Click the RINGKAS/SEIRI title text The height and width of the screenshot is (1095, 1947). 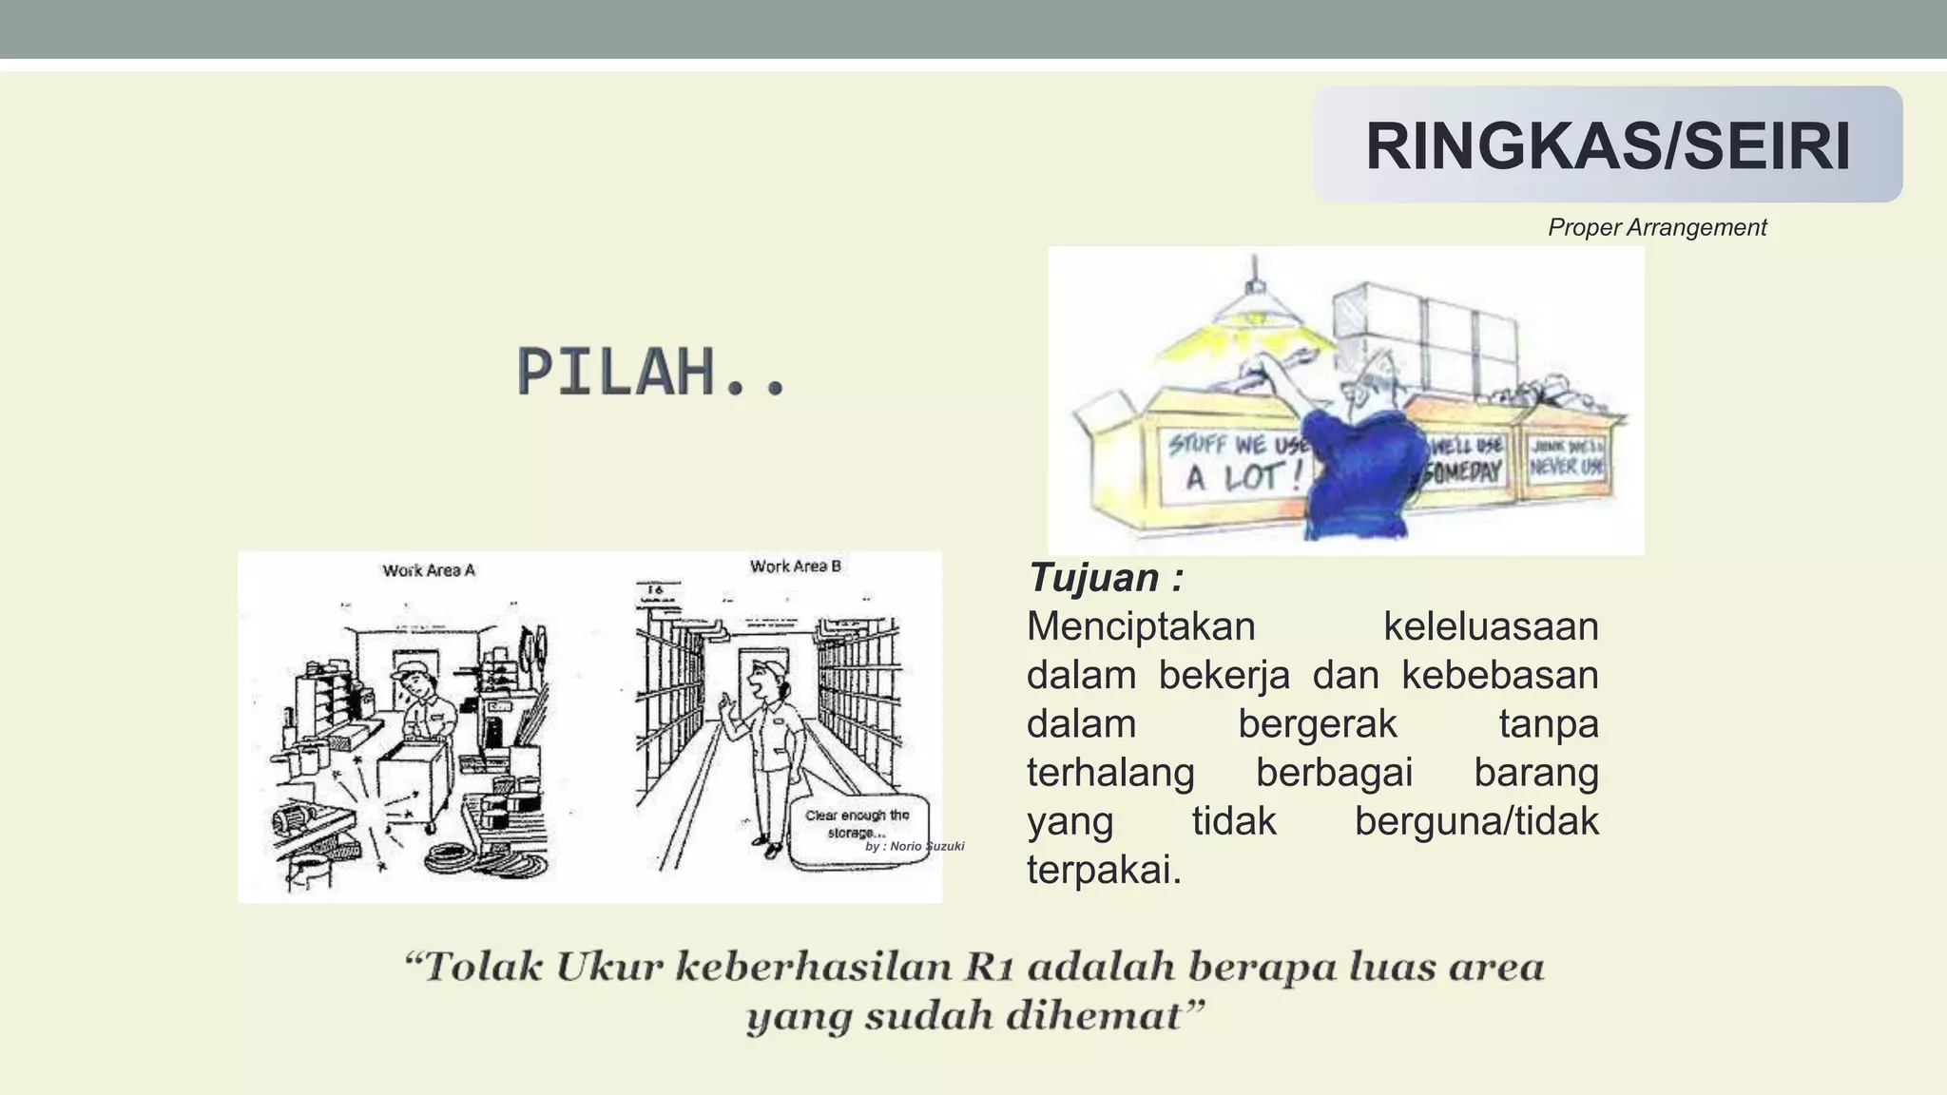(1608, 146)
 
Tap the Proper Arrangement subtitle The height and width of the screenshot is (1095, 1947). (1656, 227)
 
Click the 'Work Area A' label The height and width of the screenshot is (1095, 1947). (428, 570)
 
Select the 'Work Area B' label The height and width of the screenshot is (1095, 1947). (795, 567)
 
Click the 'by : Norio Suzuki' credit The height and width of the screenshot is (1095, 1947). (915, 846)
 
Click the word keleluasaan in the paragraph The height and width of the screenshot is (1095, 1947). (1490, 627)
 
